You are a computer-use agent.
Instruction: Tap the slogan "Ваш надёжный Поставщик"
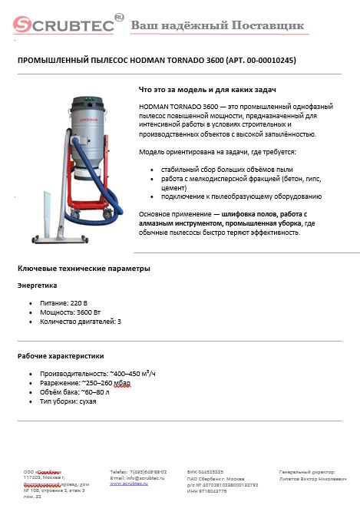[217, 26]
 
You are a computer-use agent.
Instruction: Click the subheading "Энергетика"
[38, 285]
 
